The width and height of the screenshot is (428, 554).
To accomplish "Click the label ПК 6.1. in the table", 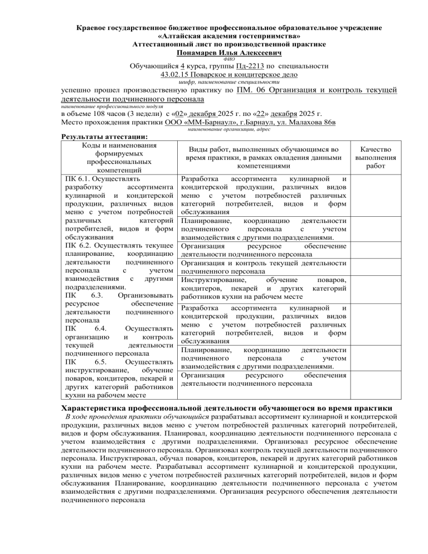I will coord(78,179).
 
